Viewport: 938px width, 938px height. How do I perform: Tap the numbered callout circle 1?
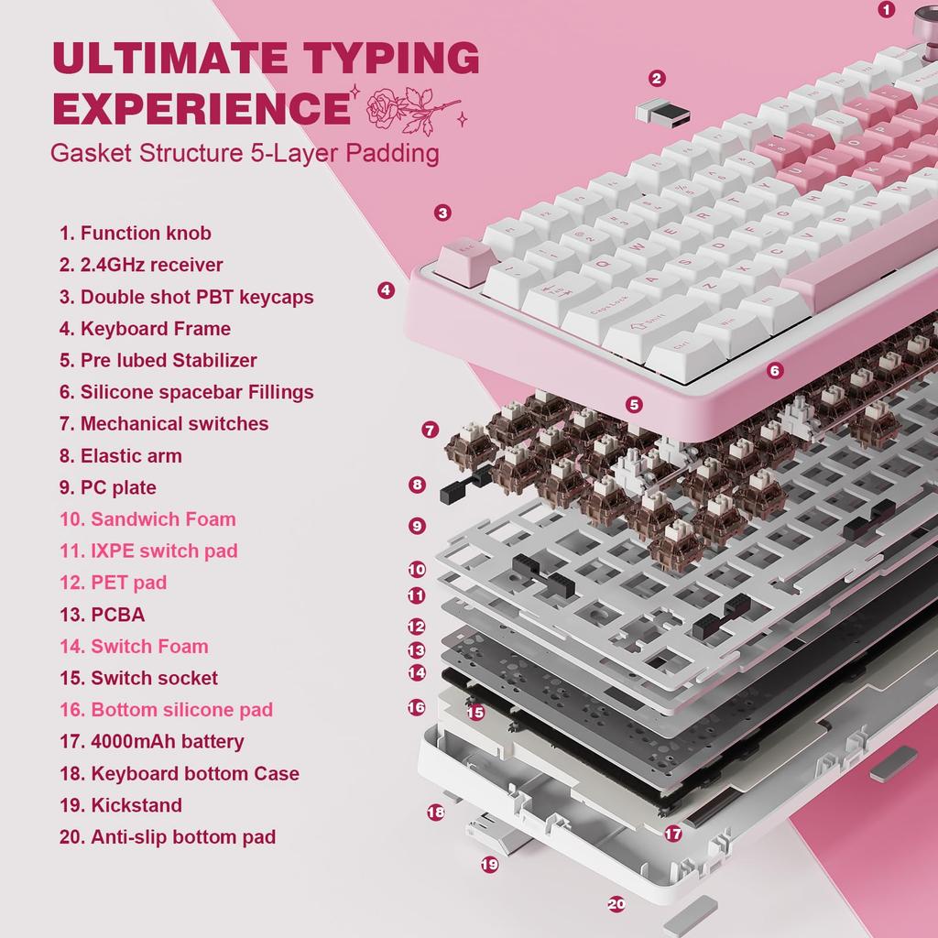[x=886, y=10]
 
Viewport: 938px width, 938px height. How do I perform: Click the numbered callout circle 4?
[x=386, y=290]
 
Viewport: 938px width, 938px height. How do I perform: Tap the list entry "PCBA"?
[x=117, y=615]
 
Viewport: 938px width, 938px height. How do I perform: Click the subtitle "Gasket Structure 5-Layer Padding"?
[x=245, y=152]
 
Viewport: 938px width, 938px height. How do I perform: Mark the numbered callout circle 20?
[x=616, y=903]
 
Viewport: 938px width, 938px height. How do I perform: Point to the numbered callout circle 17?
[x=673, y=834]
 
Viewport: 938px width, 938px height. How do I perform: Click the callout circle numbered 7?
[x=431, y=430]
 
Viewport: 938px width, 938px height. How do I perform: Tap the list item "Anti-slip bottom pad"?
[x=182, y=836]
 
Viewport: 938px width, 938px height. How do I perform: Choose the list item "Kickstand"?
[x=136, y=805]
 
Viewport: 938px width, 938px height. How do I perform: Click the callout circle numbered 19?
[x=490, y=864]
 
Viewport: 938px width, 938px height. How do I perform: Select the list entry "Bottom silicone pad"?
[x=181, y=710]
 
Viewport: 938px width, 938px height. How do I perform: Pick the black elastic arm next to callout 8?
[x=462, y=486]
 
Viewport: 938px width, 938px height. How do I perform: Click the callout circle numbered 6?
[x=775, y=371]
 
